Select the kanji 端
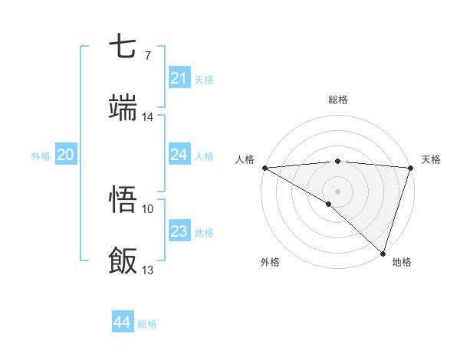click(124, 108)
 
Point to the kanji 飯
click(124, 260)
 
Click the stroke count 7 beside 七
click(147, 55)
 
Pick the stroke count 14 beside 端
click(148, 116)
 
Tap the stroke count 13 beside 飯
click(148, 270)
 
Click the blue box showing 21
click(179, 78)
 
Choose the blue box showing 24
click(179, 155)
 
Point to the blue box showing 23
click(179, 231)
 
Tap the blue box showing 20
click(65, 155)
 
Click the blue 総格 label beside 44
click(147, 324)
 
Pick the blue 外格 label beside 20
click(41, 156)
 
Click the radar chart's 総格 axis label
click(338, 100)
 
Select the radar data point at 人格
click(264, 168)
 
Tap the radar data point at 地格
click(383, 254)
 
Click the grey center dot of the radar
click(338, 191)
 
